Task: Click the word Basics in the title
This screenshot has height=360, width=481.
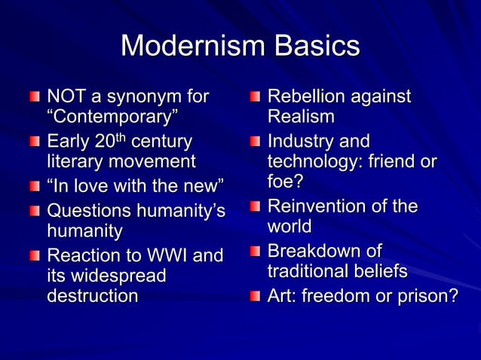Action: pos(317,47)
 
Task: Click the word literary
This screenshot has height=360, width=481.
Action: pos(75,161)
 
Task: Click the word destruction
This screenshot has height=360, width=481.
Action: pos(92,296)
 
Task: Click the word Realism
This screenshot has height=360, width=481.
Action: pos(300,117)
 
